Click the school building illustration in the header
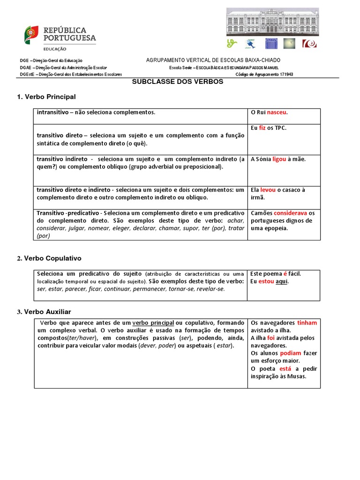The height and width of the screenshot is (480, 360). (x=272, y=22)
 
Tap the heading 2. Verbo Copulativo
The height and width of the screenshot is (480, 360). (x=49, y=258)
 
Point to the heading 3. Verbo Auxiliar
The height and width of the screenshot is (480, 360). (x=44, y=312)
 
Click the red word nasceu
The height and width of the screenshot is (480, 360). (x=277, y=112)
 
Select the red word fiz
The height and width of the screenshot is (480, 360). (x=262, y=128)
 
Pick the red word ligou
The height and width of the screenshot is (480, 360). (x=279, y=159)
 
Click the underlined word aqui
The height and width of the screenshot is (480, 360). (x=281, y=281)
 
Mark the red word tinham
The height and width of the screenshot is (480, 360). (x=307, y=323)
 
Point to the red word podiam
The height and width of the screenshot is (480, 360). (x=291, y=353)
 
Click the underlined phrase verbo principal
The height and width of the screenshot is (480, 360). (x=153, y=323)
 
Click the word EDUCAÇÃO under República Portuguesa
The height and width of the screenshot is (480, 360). (x=55, y=49)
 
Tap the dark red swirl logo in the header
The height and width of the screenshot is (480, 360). (x=309, y=44)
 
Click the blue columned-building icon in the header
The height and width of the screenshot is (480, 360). (x=271, y=44)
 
